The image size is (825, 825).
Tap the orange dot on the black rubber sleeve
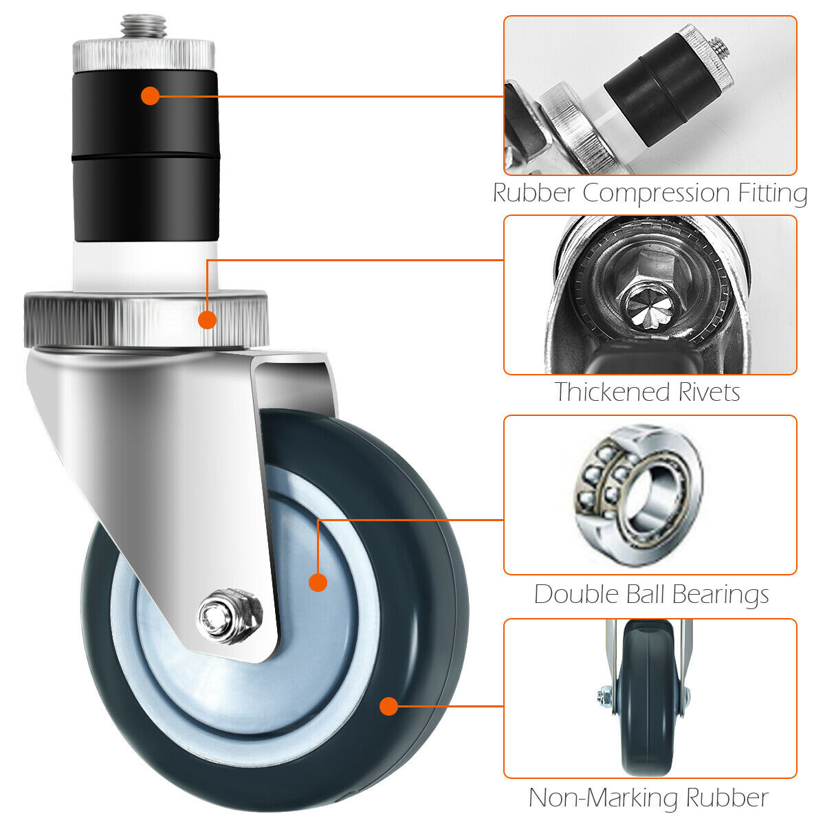151,96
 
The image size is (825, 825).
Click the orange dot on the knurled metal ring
207,320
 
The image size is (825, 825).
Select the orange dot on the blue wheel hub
318,583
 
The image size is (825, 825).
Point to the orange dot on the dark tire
388,706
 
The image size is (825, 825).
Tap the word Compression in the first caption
656,193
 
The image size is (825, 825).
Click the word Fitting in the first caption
773,193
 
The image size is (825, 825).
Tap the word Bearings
720,595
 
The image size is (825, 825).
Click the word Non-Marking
604,797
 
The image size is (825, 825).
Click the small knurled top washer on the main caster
144,56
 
